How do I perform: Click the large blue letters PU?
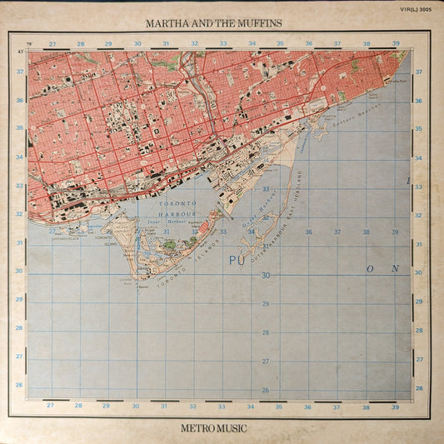pyautogui.click(x=235, y=262)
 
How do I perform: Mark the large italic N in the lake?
pyautogui.click(x=395, y=269)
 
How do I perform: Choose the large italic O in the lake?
pyautogui.click(x=370, y=269)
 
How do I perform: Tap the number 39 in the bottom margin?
pyautogui.click(x=394, y=407)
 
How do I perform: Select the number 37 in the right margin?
pyautogui.click(x=419, y=72)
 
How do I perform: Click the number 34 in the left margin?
pyautogui.click(x=18, y=157)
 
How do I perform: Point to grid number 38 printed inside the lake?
pyautogui.click(x=365, y=232)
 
